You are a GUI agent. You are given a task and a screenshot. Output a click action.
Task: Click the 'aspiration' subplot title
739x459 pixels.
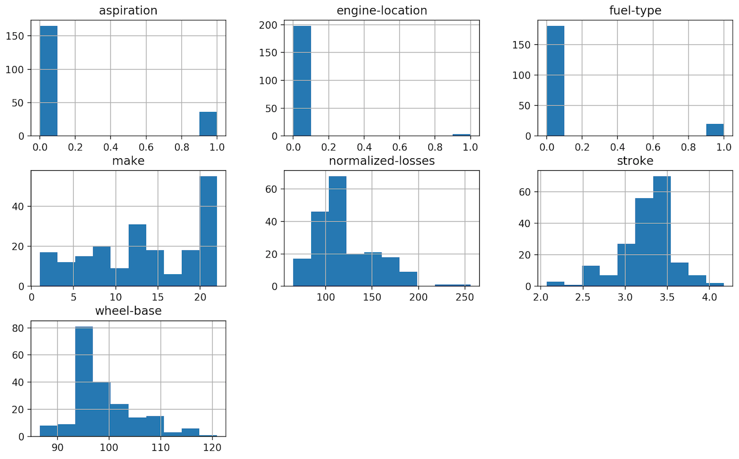tap(128, 10)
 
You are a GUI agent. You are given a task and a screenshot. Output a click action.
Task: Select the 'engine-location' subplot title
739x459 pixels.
tap(381, 10)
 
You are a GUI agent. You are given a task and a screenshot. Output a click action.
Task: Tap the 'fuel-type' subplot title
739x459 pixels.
tap(635, 10)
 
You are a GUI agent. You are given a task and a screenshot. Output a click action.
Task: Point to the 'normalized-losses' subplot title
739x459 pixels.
tap(381, 161)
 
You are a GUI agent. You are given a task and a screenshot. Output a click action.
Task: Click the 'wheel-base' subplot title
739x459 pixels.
tap(128, 311)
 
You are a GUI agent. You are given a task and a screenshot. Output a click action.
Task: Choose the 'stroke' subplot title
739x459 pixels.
tap(635, 161)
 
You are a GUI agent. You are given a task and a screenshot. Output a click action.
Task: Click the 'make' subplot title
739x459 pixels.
tap(128, 161)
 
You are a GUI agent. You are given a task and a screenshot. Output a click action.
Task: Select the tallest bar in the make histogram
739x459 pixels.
tap(208, 232)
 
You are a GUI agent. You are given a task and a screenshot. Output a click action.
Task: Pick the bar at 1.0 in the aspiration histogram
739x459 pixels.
tap(208, 124)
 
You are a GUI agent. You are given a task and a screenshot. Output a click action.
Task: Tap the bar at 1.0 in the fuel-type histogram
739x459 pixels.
tap(715, 130)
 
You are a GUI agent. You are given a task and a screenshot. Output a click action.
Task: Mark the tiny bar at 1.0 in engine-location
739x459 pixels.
tap(462, 135)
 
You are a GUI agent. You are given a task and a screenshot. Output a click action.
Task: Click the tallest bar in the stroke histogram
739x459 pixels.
tap(661, 232)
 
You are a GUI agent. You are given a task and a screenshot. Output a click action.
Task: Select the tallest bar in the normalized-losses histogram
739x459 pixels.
tap(337, 232)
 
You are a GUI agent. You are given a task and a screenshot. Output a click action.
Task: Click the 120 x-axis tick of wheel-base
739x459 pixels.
tap(212, 448)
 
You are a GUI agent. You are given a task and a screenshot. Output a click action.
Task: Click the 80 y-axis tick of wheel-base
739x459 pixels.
tap(18, 328)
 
